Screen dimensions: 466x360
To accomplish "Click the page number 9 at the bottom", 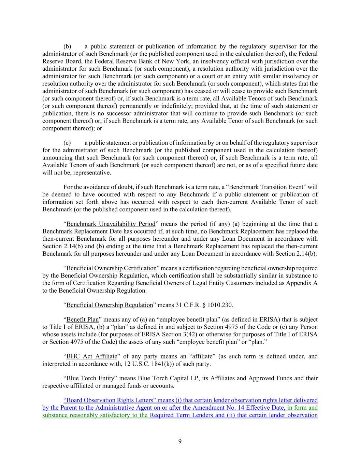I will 180,441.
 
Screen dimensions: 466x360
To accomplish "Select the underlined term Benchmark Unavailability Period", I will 111,224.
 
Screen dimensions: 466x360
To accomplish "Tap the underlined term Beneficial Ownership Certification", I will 111,268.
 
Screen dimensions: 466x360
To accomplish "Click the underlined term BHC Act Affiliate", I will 91,356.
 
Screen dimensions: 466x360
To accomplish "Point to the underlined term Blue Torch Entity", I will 90,378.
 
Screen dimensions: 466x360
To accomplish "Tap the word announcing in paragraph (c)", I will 55,158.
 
